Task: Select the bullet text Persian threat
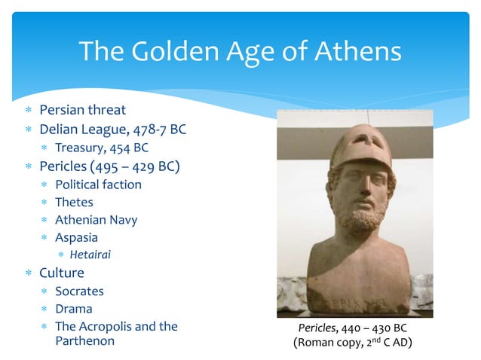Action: tap(82, 110)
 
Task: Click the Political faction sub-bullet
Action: tap(98, 184)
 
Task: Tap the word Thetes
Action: tap(74, 202)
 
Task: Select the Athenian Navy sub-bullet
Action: tap(96, 220)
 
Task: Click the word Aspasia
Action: tap(76, 238)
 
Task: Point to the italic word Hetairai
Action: tap(90, 255)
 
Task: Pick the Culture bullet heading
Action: tap(62, 273)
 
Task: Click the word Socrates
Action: tap(79, 291)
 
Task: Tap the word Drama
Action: tap(74, 309)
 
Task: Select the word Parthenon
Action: tap(84, 340)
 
